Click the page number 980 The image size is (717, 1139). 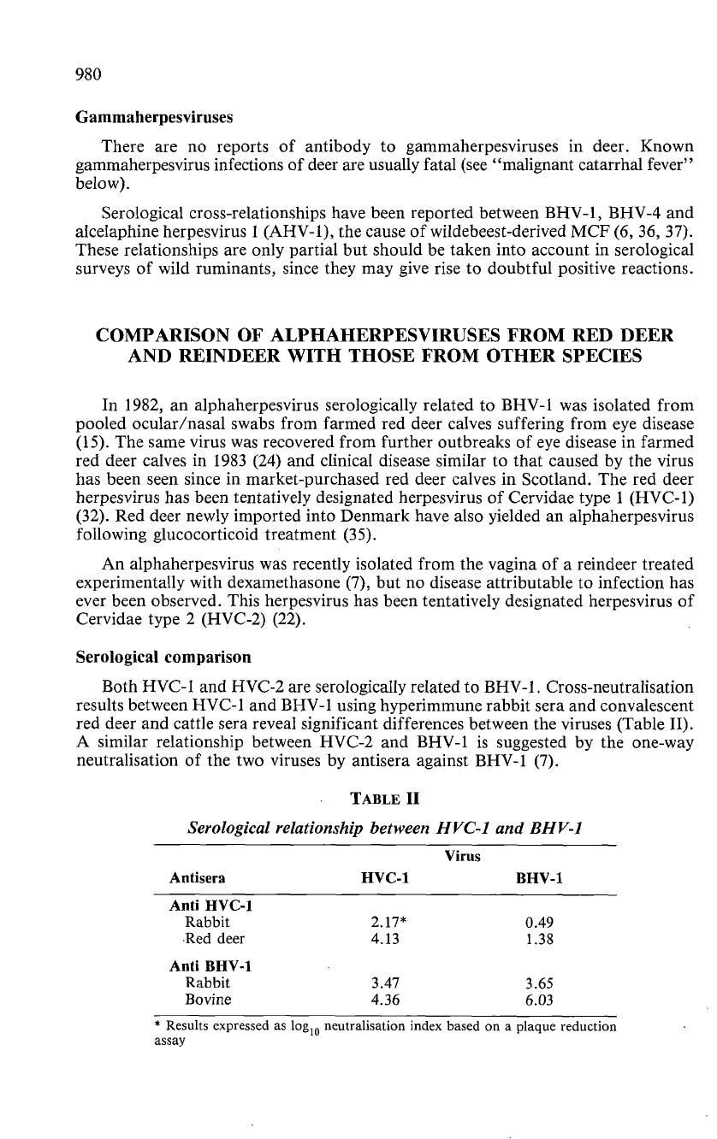[x=88, y=74]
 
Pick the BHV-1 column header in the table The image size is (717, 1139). [x=539, y=878]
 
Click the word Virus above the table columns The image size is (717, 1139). [x=462, y=855]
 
